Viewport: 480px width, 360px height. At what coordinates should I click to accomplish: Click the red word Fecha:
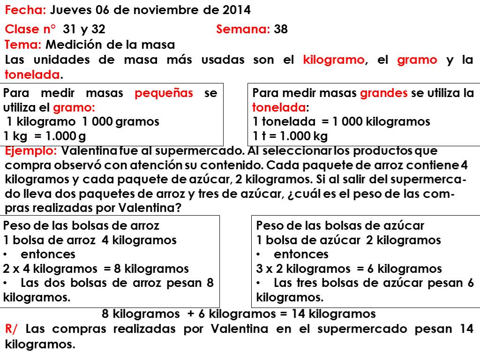coord(25,10)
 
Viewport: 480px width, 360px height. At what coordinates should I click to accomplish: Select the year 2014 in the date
coord(236,10)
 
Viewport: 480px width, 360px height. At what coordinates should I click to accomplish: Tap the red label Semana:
coord(243,30)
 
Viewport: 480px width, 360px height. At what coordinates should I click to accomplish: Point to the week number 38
coord(281,30)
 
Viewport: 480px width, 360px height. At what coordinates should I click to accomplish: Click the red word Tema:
coord(23,45)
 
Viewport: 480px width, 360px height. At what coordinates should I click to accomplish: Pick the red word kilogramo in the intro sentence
coord(333,60)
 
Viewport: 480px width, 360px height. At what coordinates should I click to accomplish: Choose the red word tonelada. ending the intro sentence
coord(33,75)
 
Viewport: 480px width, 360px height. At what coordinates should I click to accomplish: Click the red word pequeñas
coord(164,93)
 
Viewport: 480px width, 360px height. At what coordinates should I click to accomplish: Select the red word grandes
coord(384,93)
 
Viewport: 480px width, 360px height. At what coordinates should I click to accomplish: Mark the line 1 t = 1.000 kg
coord(290,136)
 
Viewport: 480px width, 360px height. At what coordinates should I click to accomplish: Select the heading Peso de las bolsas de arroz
coord(81,225)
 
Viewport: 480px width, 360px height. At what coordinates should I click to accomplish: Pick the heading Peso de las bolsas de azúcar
coord(340,225)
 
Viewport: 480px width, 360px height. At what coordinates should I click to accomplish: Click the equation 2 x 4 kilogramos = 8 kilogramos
coord(96,269)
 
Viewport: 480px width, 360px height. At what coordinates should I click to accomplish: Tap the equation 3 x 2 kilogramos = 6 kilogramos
coord(349,269)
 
